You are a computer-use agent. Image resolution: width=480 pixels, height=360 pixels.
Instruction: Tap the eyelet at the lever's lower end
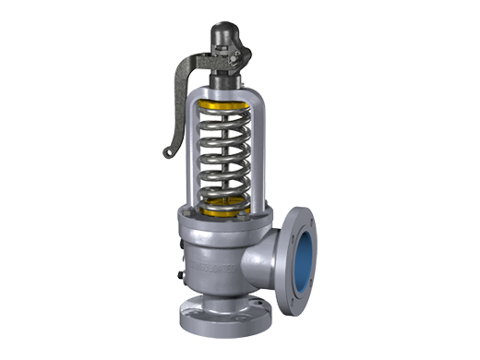point(167,150)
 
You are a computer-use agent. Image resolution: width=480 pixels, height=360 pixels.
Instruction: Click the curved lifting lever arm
point(185,74)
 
